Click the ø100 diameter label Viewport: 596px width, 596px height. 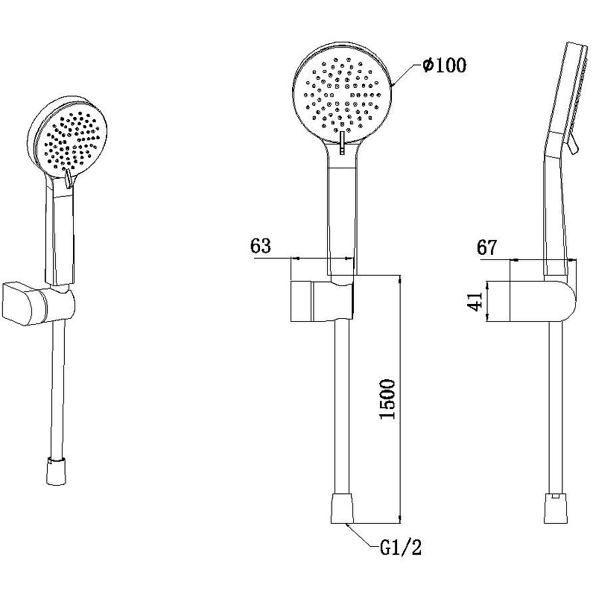pyautogui.click(x=444, y=66)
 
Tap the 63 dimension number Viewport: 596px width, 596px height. pyautogui.click(x=261, y=246)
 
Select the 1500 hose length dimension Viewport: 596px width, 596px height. pyautogui.click(x=387, y=399)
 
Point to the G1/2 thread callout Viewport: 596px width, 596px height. pyautogui.click(x=401, y=548)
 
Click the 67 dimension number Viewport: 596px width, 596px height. pyautogui.click(x=487, y=248)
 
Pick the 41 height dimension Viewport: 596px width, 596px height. pyautogui.click(x=475, y=302)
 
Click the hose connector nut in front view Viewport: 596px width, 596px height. pyautogui.click(x=342, y=509)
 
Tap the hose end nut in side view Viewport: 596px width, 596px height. pyautogui.click(x=556, y=509)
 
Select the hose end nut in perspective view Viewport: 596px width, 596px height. pyautogui.click(x=57, y=472)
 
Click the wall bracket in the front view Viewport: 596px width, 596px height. pyautogui.click(x=323, y=301)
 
